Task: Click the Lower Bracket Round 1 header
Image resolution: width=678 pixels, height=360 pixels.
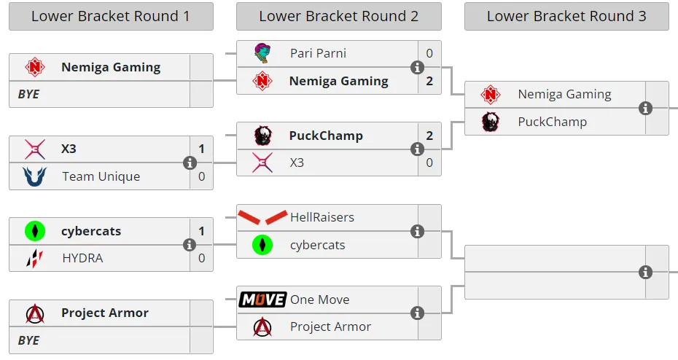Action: click(x=111, y=17)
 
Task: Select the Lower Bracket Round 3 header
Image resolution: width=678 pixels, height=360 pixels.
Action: click(x=566, y=17)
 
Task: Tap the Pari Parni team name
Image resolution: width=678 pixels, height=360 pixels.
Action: click(x=318, y=53)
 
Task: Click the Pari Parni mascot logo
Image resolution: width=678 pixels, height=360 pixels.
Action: click(x=262, y=53)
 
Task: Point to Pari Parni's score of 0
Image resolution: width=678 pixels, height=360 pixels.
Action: click(x=429, y=53)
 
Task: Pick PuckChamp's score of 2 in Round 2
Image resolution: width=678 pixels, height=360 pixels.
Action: click(x=429, y=136)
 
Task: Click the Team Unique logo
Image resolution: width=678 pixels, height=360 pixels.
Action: click(x=34, y=176)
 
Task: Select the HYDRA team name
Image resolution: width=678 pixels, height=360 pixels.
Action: click(x=82, y=259)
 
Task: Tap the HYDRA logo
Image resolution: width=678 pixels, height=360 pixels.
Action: click(x=34, y=259)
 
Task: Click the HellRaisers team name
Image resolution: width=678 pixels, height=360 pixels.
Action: click(x=322, y=217)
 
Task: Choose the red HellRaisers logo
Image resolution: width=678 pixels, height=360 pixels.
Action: click(x=262, y=217)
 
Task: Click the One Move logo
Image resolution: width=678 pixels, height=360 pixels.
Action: click(x=262, y=300)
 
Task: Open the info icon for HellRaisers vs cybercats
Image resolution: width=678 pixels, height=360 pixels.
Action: click(x=417, y=232)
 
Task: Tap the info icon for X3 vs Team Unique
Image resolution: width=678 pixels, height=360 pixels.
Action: click(x=190, y=163)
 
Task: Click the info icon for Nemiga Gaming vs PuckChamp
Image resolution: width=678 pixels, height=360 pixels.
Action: click(x=645, y=108)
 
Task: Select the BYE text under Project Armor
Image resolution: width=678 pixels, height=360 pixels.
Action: click(x=28, y=340)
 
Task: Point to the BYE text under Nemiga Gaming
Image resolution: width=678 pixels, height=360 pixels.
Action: click(x=28, y=94)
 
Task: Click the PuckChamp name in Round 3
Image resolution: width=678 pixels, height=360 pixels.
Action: click(x=552, y=122)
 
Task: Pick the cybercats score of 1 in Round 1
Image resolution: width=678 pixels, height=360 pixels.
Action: click(x=201, y=231)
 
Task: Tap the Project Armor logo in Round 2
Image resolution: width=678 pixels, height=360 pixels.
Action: click(x=262, y=327)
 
